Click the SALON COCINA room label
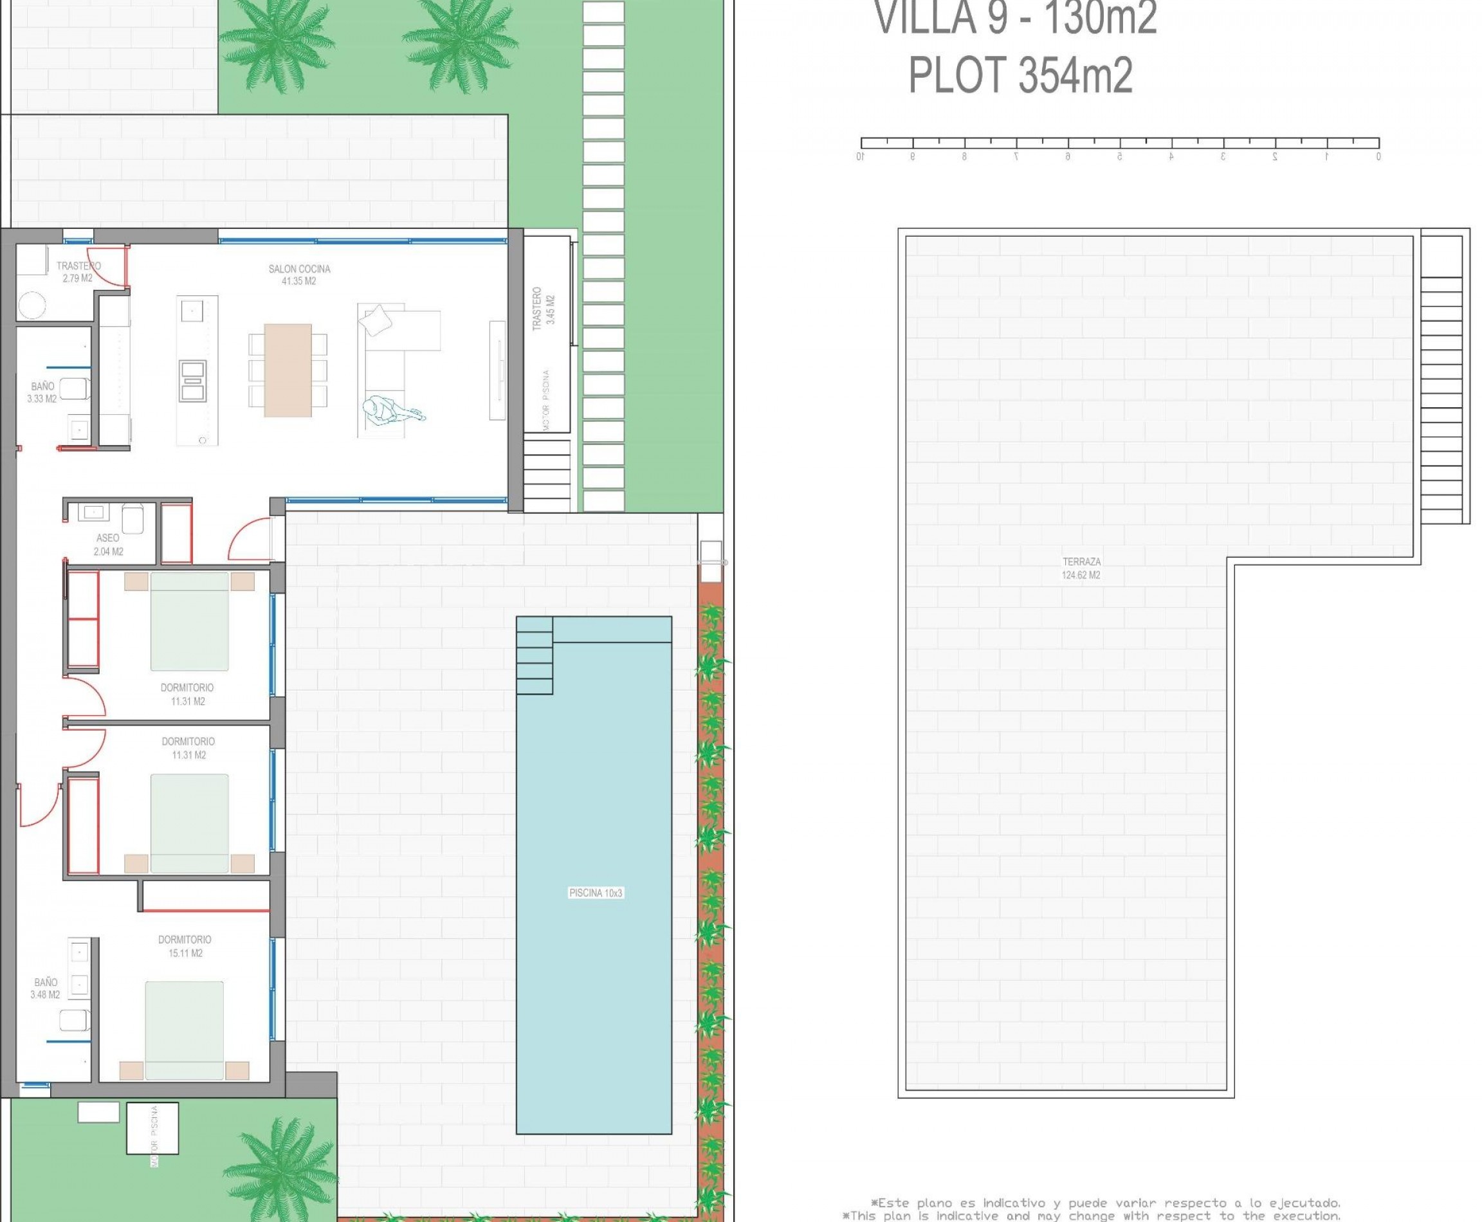coord(299,275)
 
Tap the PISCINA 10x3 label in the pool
coord(595,893)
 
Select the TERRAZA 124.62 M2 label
coord(1081,568)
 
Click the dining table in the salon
coord(288,370)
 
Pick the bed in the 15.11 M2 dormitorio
coord(185,1030)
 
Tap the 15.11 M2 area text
coord(186,953)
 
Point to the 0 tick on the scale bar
coord(1378,156)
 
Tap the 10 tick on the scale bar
coord(861,156)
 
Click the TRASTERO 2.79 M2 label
coord(78,271)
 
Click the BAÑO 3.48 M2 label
coord(45,989)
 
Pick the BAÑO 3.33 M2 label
coord(42,392)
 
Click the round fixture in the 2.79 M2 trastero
coord(32,305)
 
